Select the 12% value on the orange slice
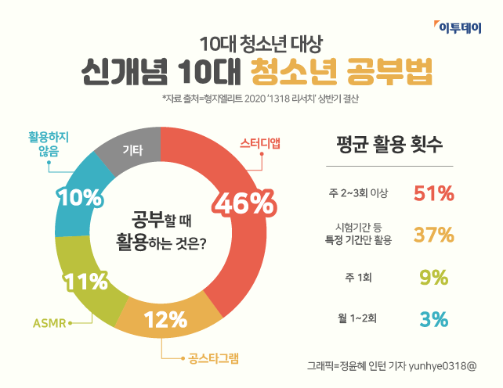[166, 319]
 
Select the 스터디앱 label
[260, 143]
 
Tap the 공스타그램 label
[213, 359]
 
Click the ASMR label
[49, 322]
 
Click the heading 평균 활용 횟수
[389, 144]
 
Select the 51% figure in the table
[433, 192]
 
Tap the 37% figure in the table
[433, 234]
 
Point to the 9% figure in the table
[433, 277]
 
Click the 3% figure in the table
[433, 318]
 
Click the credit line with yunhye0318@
[392, 365]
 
